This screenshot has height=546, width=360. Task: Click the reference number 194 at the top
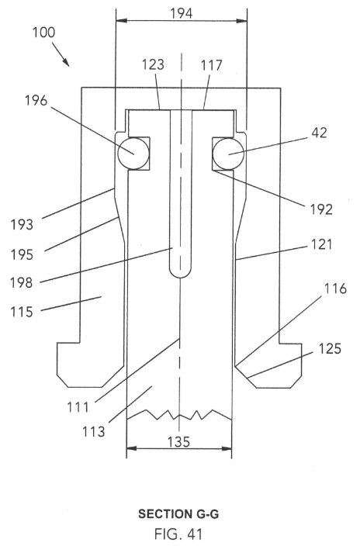[182, 14]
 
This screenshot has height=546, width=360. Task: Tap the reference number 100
[44, 33]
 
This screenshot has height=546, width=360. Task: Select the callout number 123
[153, 64]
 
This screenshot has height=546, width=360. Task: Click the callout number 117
[211, 65]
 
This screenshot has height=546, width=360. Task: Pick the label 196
[36, 101]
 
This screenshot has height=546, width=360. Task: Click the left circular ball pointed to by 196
[133, 154]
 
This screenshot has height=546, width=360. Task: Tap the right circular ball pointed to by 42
[229, 154]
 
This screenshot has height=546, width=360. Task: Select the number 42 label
[319, 133]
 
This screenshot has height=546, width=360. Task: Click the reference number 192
[321, 209]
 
